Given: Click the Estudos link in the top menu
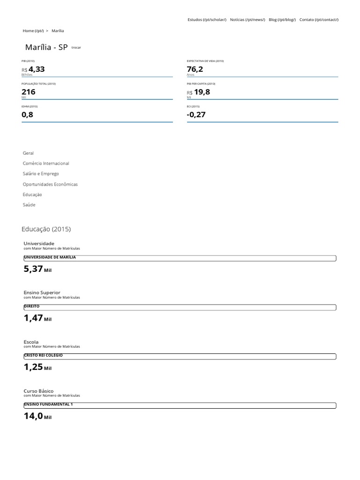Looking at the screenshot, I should (207, 20).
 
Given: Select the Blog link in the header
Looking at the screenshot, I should (282, 20).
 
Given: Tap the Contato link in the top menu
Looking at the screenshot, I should (319, 20).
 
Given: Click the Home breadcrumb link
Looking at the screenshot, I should (33, 31).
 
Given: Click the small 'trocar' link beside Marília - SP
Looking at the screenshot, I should (76, 48).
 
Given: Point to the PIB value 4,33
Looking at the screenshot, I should (37, 69).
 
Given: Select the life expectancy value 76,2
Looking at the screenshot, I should (195, 69).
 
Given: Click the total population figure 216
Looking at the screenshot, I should (29, 92).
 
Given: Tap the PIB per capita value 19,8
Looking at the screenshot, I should (202, 92).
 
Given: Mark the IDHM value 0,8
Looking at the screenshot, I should (28, 114).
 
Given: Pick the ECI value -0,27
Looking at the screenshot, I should (196, 114).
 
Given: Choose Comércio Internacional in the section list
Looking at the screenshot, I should (46, 164).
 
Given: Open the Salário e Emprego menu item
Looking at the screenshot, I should (41, 174).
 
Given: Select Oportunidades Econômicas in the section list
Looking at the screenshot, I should (50, 184).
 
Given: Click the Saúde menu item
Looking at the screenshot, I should (29, 205).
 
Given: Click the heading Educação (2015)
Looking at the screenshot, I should (46, 229).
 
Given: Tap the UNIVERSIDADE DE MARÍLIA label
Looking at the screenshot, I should (50, 257).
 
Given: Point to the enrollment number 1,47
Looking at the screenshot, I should (33, 318).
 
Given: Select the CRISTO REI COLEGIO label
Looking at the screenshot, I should (43, 355).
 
